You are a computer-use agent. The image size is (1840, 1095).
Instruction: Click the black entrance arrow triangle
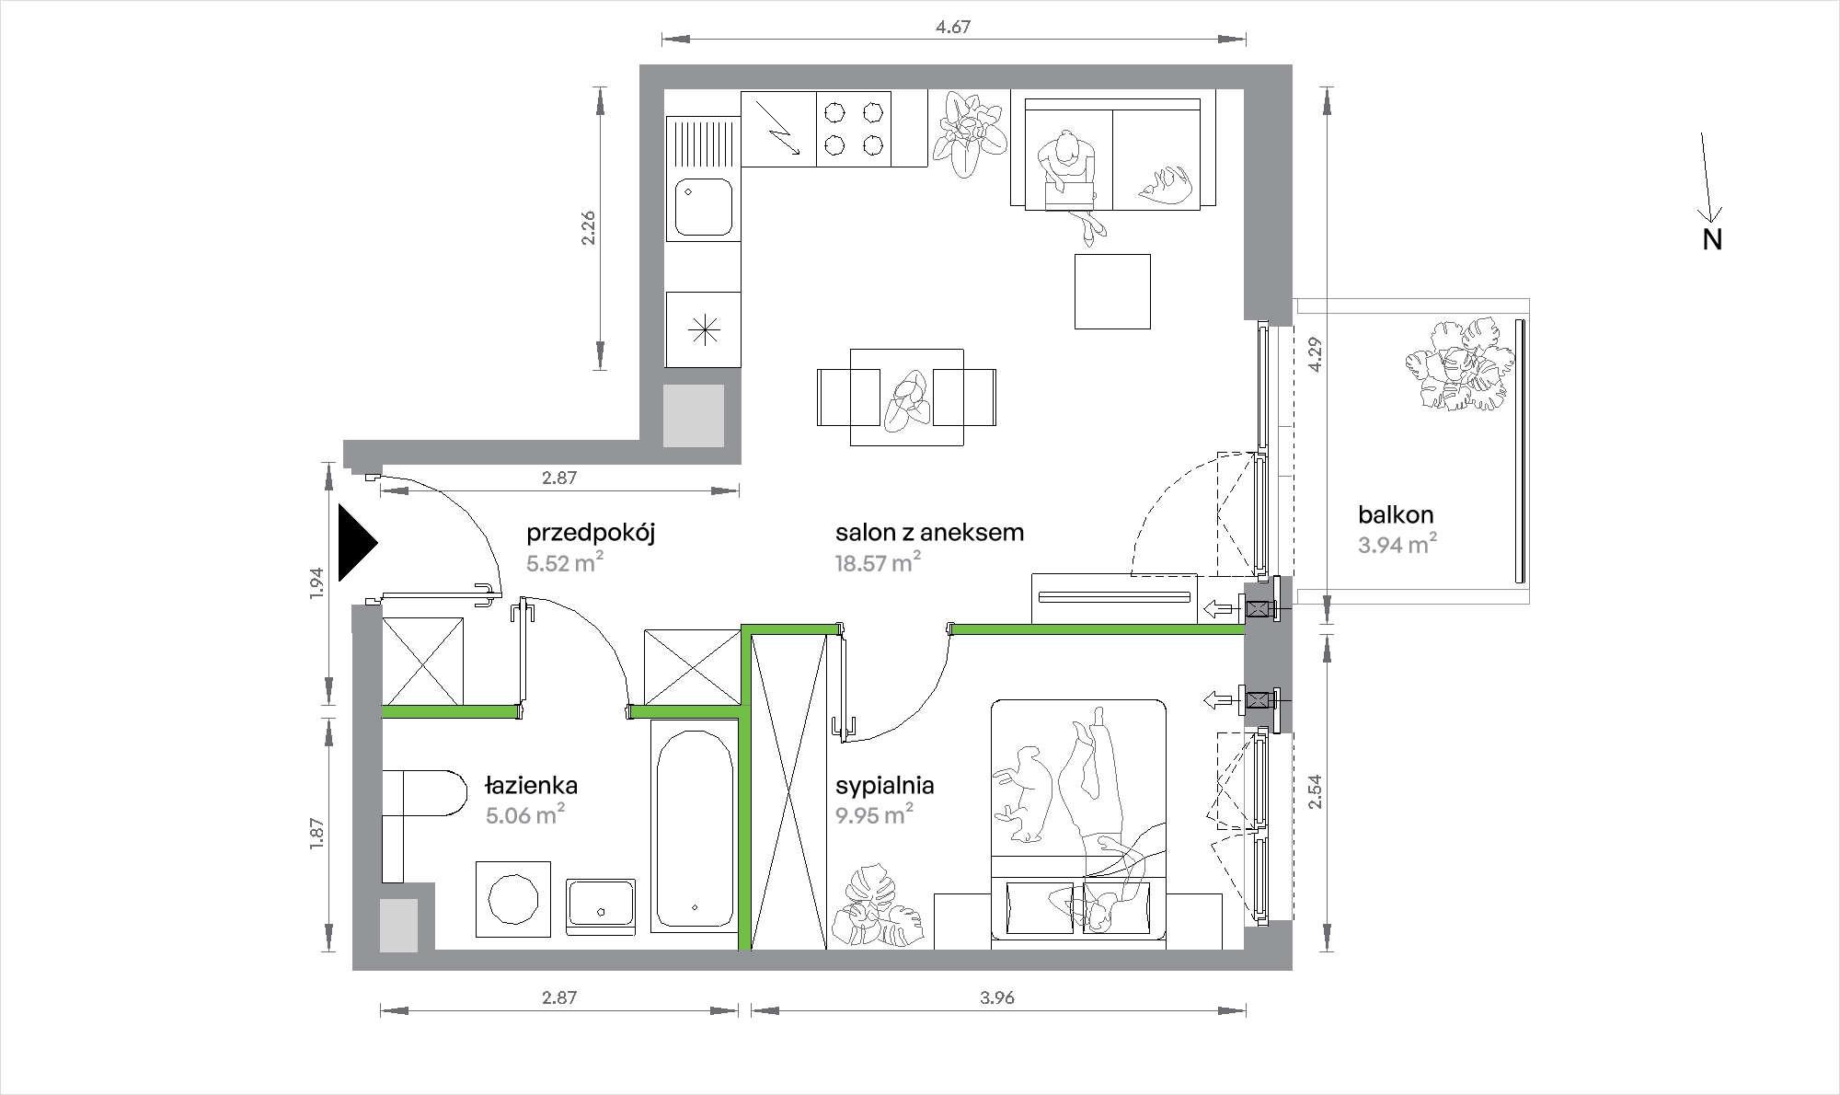click(356, 543)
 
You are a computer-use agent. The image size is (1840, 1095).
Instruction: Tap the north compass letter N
click(1712, 239)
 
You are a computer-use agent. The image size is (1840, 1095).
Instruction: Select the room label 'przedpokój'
click(591, 534)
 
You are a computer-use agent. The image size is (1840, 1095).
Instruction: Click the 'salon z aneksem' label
click(929, 532)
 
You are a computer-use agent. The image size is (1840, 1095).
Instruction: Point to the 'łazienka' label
click(531, 785)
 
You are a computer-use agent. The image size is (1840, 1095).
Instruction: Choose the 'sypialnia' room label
click(885, 786)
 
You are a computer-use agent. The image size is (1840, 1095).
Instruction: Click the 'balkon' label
click(1396, 515)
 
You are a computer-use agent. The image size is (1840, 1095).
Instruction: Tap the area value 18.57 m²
click(879, 562)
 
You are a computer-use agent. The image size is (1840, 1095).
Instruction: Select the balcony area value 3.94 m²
click(1397, 545)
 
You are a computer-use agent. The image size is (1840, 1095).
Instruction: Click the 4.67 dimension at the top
click(953, 27)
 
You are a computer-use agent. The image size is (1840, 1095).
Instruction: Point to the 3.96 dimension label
click(997, 997)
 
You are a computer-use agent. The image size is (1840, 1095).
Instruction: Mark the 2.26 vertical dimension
click(588, 228)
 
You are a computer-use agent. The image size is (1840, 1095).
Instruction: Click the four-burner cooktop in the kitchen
click(854, 129)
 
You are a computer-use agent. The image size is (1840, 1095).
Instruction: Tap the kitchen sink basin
click(704, 208)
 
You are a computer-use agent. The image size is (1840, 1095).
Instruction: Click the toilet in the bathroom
click(424, 792)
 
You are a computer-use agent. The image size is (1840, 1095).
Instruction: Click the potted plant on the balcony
click(1460, 364)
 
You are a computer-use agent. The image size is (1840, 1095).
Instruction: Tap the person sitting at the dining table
click(907, 401)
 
